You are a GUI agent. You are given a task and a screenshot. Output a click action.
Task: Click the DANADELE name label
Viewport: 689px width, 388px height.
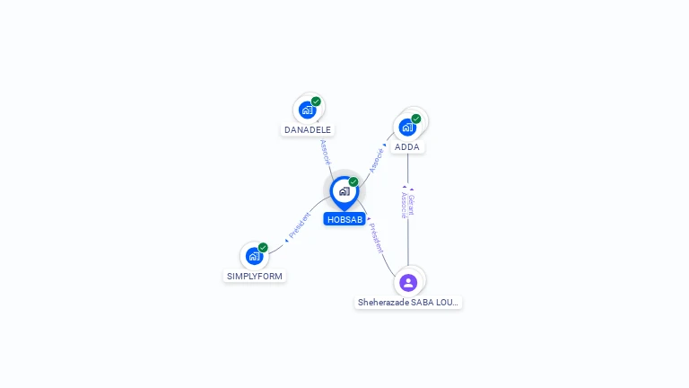[x=308, y=129]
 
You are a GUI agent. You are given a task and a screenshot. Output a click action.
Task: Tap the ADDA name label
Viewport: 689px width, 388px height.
[x=406, y=146]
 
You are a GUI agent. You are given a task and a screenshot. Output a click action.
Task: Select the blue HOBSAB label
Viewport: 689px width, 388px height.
[x=344, y=219]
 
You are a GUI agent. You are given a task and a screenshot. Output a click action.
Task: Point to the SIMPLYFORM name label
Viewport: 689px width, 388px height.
[x=255, y=276]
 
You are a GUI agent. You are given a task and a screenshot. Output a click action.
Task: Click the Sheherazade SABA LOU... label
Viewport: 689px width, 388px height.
[x=408, y=303]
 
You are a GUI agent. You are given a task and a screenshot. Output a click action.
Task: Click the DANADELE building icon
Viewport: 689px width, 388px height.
[x=308, y=110]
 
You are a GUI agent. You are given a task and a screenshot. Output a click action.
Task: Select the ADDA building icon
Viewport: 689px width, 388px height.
[x=407, y=127]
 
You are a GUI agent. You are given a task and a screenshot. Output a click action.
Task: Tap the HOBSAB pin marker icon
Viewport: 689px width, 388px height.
[x=344, y=191]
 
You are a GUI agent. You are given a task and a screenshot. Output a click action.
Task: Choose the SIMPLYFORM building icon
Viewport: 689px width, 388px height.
[x=254, y=256]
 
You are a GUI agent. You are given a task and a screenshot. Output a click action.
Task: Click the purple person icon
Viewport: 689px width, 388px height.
[x=408, y=283]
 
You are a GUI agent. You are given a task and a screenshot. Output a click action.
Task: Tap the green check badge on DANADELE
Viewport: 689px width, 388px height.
[x=316, y=101]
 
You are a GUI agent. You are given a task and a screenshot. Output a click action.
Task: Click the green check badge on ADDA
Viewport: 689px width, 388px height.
[x=416, y=119]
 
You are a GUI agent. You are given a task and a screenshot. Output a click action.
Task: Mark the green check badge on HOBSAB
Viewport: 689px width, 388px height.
[x=353, y=181]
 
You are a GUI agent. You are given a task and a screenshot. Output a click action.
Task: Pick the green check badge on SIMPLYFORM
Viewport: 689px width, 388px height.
[x=263, y=248]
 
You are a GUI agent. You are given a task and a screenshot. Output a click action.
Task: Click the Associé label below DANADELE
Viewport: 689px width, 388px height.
[x=325, y=151]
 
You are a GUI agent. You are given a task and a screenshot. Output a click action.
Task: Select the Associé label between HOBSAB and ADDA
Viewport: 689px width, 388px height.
[x=378, y=159]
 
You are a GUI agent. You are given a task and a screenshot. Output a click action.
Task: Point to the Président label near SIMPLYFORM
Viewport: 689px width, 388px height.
[x=300, y=226]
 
